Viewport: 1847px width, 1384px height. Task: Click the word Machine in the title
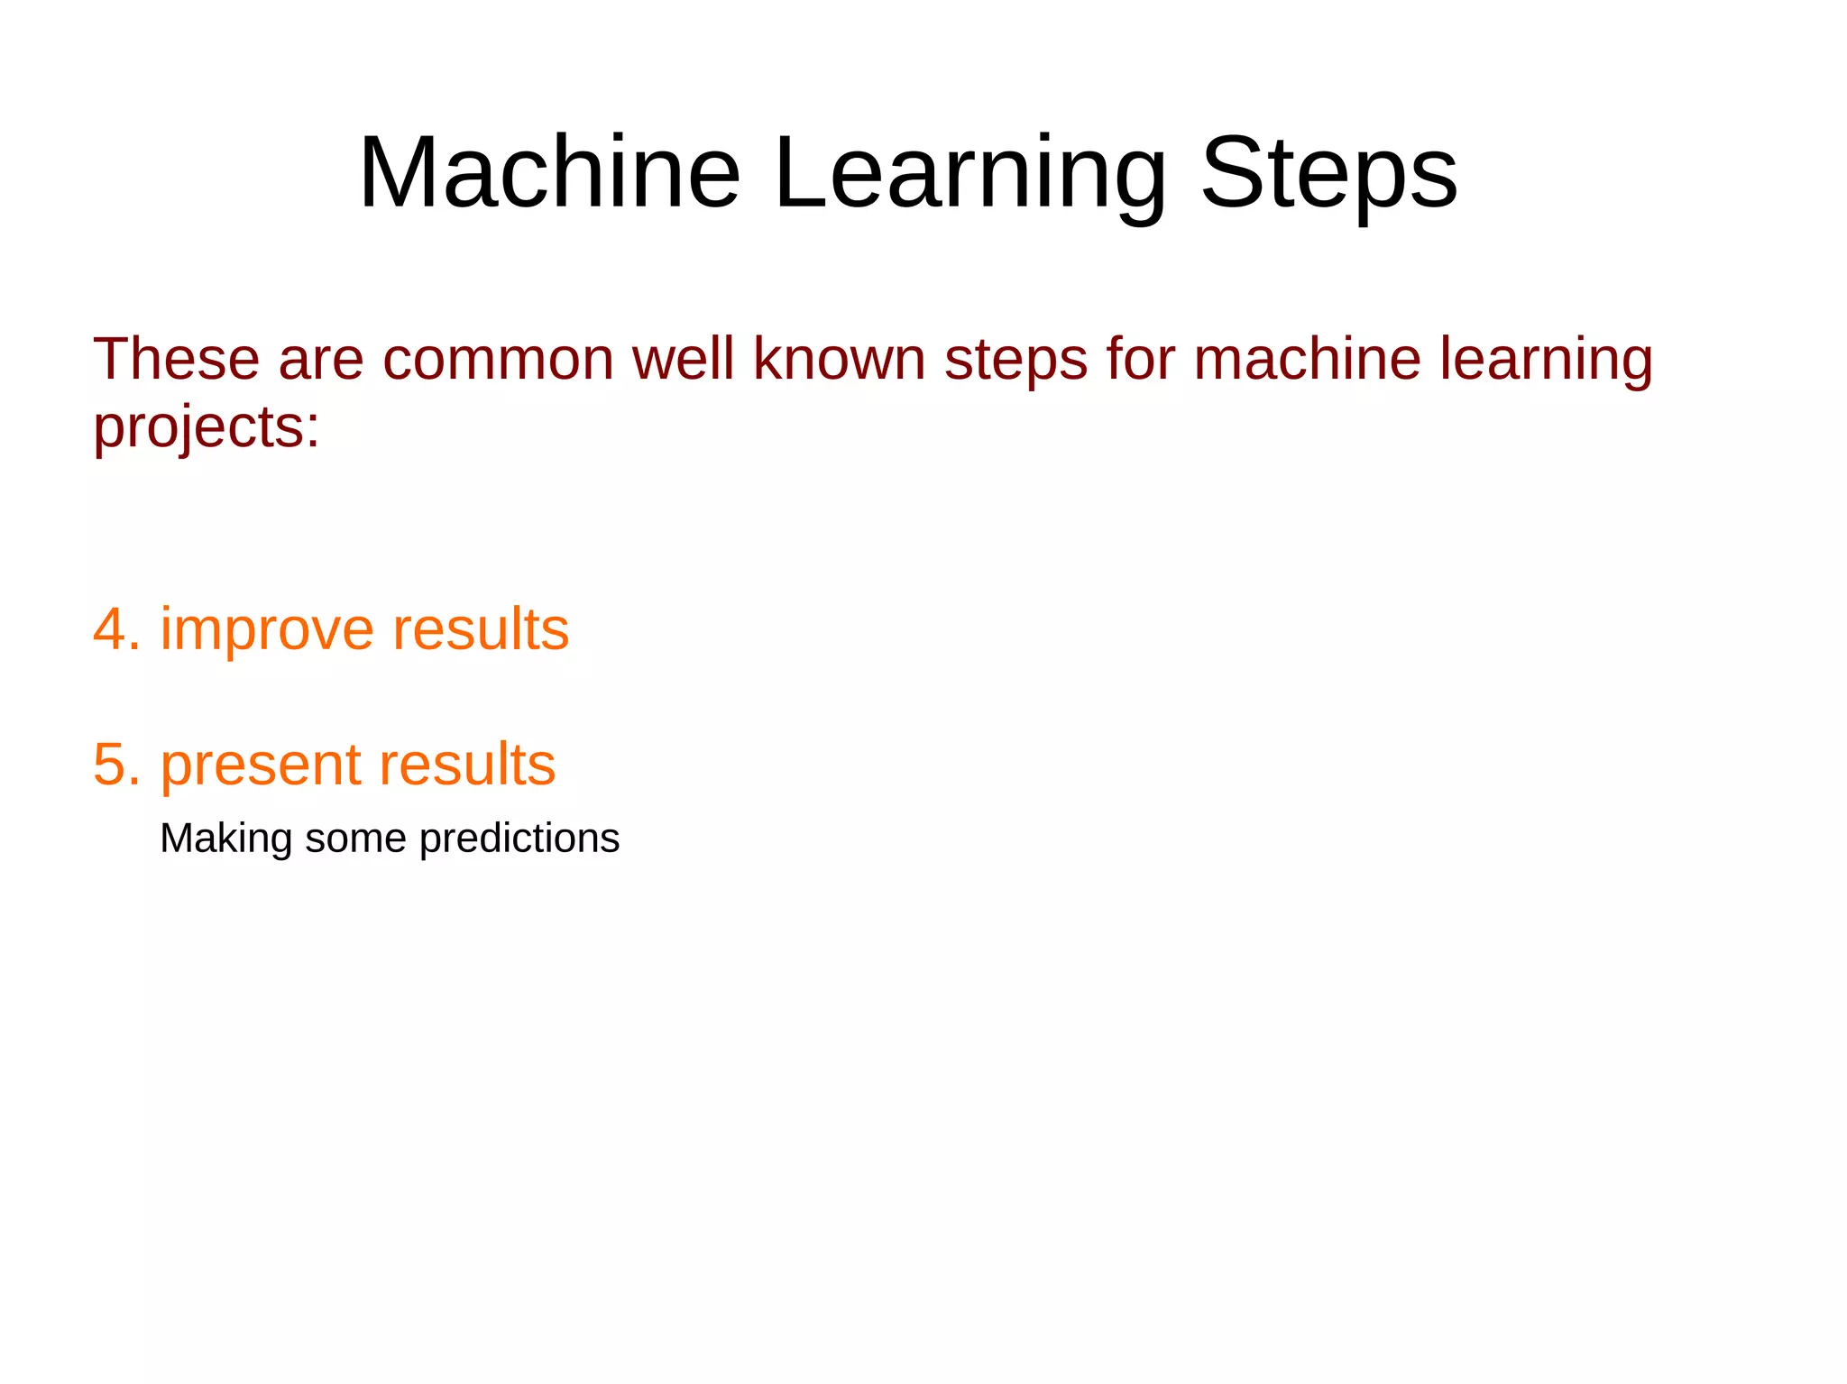click(x=549, y=172)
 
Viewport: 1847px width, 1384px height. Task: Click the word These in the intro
click(x=176, y=359)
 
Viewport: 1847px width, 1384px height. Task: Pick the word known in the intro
click(x=839, y=359)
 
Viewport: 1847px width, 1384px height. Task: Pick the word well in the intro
click(x=683, y=359)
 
